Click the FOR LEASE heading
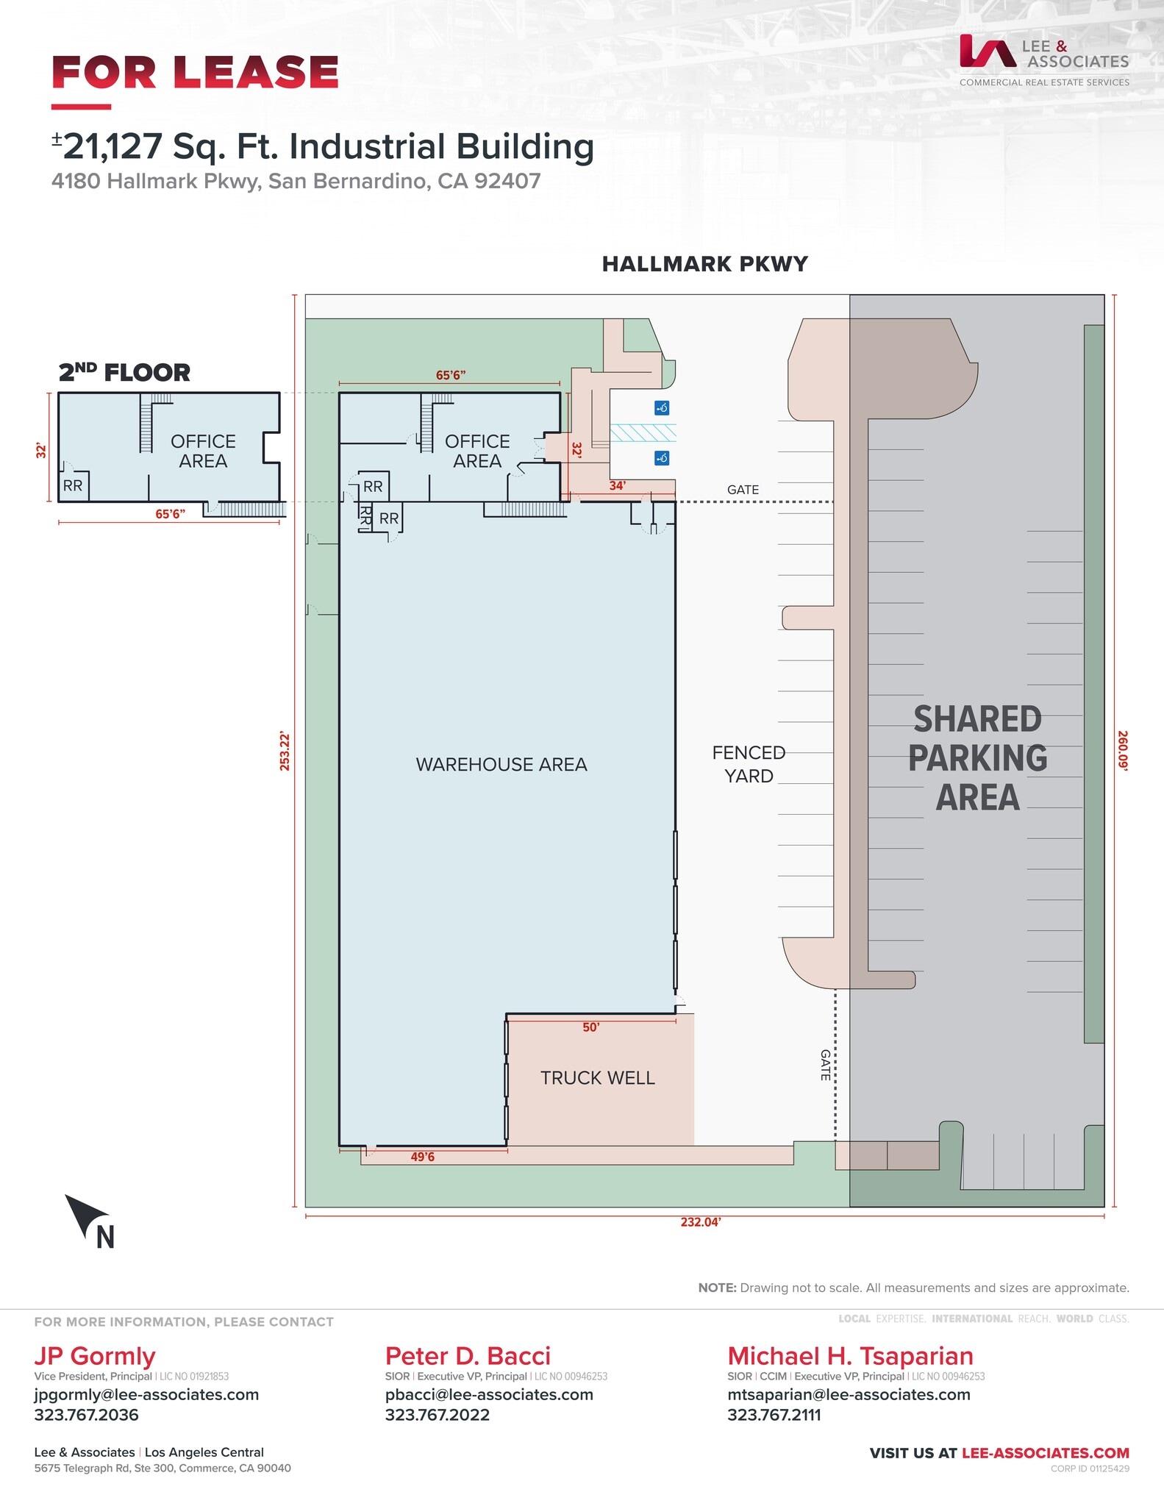[x=195, y=73]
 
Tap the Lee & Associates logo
[x=1043, y=59]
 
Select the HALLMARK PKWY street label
[x=704, y=265]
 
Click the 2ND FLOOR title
[x=124, y=373]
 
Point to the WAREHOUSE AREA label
[x=501, y=765]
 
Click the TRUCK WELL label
[x=597, y=1078]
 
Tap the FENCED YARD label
[x=749, y=765]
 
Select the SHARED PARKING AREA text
[x=977, y=758]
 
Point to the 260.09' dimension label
[x=1123, y=750]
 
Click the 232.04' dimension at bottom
[x=700, y=1222]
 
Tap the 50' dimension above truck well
[x=591, y=1027]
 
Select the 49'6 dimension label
[x=423, y=1157]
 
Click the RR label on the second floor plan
[x=73, y=486]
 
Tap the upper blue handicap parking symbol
[x=662, y=408]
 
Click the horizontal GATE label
[x=743, y=490]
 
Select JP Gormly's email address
[x=146, y=1395]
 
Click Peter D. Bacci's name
[x=468, y=1356]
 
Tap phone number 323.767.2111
[x=774, y=1415]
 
